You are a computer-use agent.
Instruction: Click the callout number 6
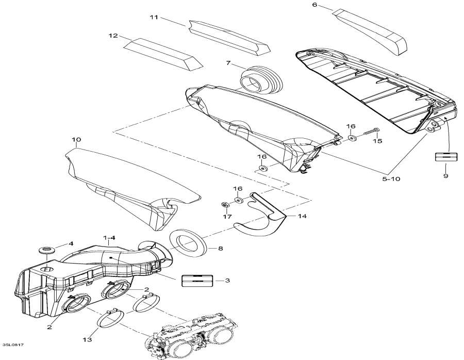point(314,5)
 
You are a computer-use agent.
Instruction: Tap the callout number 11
point(154,18)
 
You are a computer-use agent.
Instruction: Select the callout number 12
point(113,36)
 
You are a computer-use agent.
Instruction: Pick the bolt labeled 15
point(370,131)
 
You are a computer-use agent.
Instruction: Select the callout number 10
point(76,139)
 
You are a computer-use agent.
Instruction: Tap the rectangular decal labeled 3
point(197,280)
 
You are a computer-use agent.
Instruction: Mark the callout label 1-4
point(109,237)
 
